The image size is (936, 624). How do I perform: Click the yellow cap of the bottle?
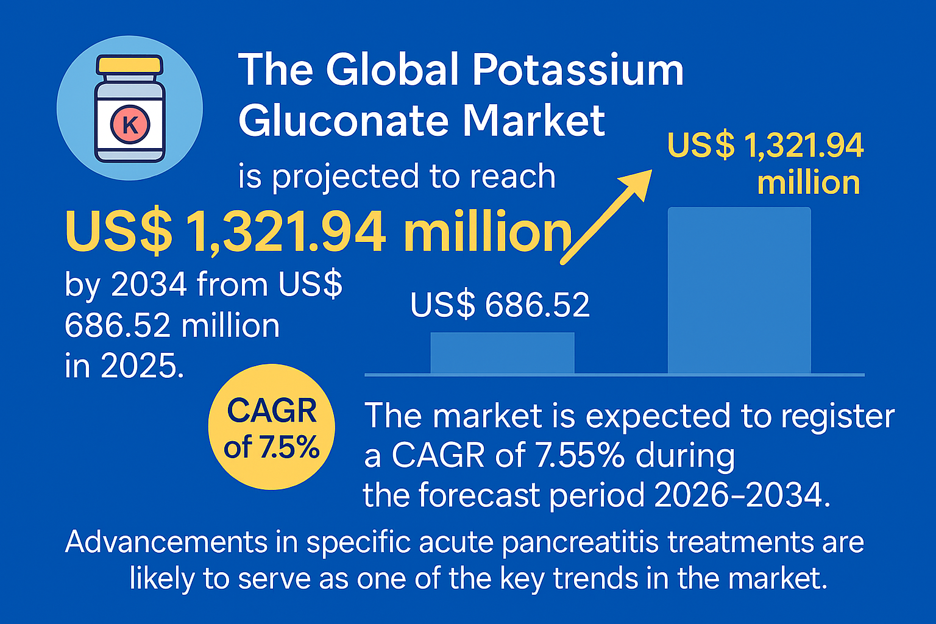click(x=129, y=65)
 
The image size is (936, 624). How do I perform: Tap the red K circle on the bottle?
click(x=130, y=124)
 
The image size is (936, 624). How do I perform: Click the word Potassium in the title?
click(x=578, y=69)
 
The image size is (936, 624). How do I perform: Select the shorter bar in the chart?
click(x=502, y=353)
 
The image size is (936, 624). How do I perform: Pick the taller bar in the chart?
click(x=739, y=290)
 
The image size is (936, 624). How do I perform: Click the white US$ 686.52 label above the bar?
click(x=500, y=305)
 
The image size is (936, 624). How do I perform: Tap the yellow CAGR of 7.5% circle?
click(x=272, y=427)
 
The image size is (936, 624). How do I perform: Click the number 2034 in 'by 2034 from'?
click(x=149, y=284)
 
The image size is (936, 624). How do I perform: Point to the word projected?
click(x=346, y=177)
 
